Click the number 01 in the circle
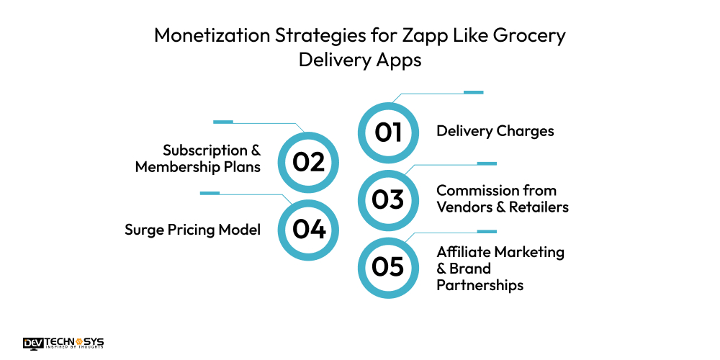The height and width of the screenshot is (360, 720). (387, 132)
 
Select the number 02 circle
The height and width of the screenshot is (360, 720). (309, 162)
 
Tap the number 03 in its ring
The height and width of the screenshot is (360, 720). (387, 199)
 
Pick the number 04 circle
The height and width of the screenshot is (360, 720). (309, 229)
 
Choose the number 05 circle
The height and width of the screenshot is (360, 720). (387, 267)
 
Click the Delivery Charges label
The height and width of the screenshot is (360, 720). (495, 131)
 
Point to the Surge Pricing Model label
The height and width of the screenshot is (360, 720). (192, 230)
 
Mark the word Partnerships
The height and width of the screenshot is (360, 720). (480, 285)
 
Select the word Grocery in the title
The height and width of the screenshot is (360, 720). (525, 36)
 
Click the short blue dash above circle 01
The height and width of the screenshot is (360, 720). (473, 92)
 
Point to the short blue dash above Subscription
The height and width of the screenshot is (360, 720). (223, 122)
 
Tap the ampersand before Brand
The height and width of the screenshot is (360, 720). (441, 269)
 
